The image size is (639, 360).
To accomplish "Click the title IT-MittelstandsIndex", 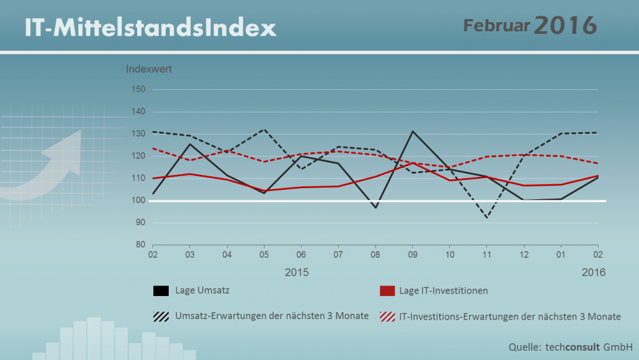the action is coord(150,28).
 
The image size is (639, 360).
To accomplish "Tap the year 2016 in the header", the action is coord(566,25).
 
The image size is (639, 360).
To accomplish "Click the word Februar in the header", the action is coord(497,25).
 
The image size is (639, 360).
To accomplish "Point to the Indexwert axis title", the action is coord(149,69).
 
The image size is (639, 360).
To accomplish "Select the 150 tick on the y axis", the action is coord(138,89).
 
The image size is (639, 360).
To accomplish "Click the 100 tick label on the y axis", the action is coord(138,200).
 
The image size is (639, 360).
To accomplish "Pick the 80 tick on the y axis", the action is coord(141,245).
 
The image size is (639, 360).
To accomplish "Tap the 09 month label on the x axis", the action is coord(413,255).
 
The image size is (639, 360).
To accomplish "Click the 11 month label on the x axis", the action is coord(486,255).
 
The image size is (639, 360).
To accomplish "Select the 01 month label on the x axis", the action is coord(561,255).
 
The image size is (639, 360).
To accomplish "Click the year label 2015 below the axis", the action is coord(297,272).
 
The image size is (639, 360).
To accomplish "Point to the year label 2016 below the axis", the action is coord(593,272).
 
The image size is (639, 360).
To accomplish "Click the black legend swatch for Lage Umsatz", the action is coord(161,290).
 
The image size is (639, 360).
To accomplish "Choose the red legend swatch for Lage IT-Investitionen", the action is coord(387,290).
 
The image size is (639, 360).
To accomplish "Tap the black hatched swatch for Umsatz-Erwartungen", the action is coord(161,317).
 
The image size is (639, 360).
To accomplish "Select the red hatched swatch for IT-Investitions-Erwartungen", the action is coord(387,317).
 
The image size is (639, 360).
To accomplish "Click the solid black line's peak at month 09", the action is coord(413,132).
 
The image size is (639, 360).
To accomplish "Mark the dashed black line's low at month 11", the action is coord(486,218).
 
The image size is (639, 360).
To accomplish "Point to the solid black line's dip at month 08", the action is coord(376,208).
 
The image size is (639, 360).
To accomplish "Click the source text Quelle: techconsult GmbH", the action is coord(571,347).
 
